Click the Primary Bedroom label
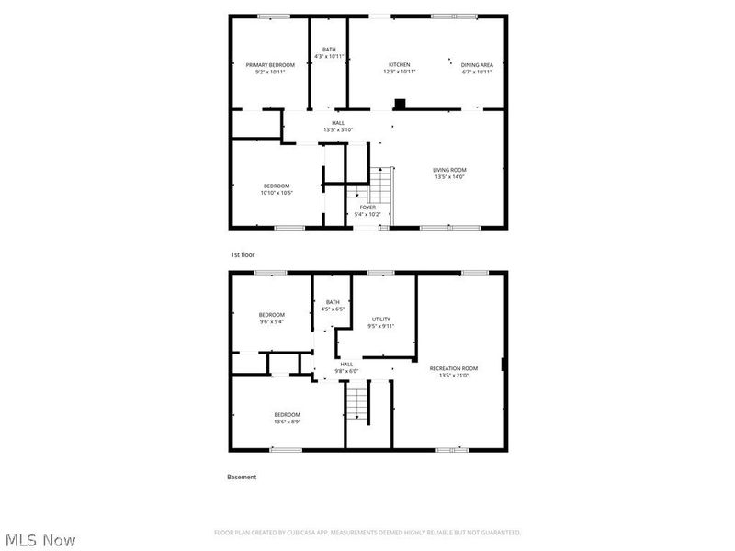(x=270, y=64)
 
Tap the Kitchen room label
(x=399, y=64)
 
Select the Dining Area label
(x=477, y=64)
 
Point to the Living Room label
(x=449, y=170)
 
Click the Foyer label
(x=367, y=208)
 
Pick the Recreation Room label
(x=454, y=368)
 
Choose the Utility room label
(x=380, y=319)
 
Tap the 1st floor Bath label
(x=328, y=50)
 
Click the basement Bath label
(x=333, y=302)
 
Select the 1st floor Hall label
(x=338, y=123)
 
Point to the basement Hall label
(x=346, y=365)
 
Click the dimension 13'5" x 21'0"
(x=454, y=375)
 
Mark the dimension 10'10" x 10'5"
(x=276, y=193)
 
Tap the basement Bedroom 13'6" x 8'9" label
(x=287, y=415)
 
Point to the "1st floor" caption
(x=243, y=254)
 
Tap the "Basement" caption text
(x=242, y=477)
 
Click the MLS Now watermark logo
(x=40, y=540)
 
